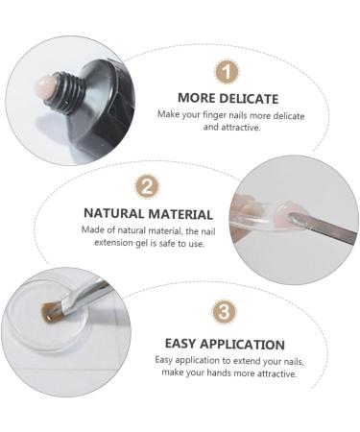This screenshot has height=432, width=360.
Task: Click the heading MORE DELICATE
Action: pos(228,98)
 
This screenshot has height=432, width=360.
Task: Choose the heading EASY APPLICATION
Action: pos(224,344)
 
